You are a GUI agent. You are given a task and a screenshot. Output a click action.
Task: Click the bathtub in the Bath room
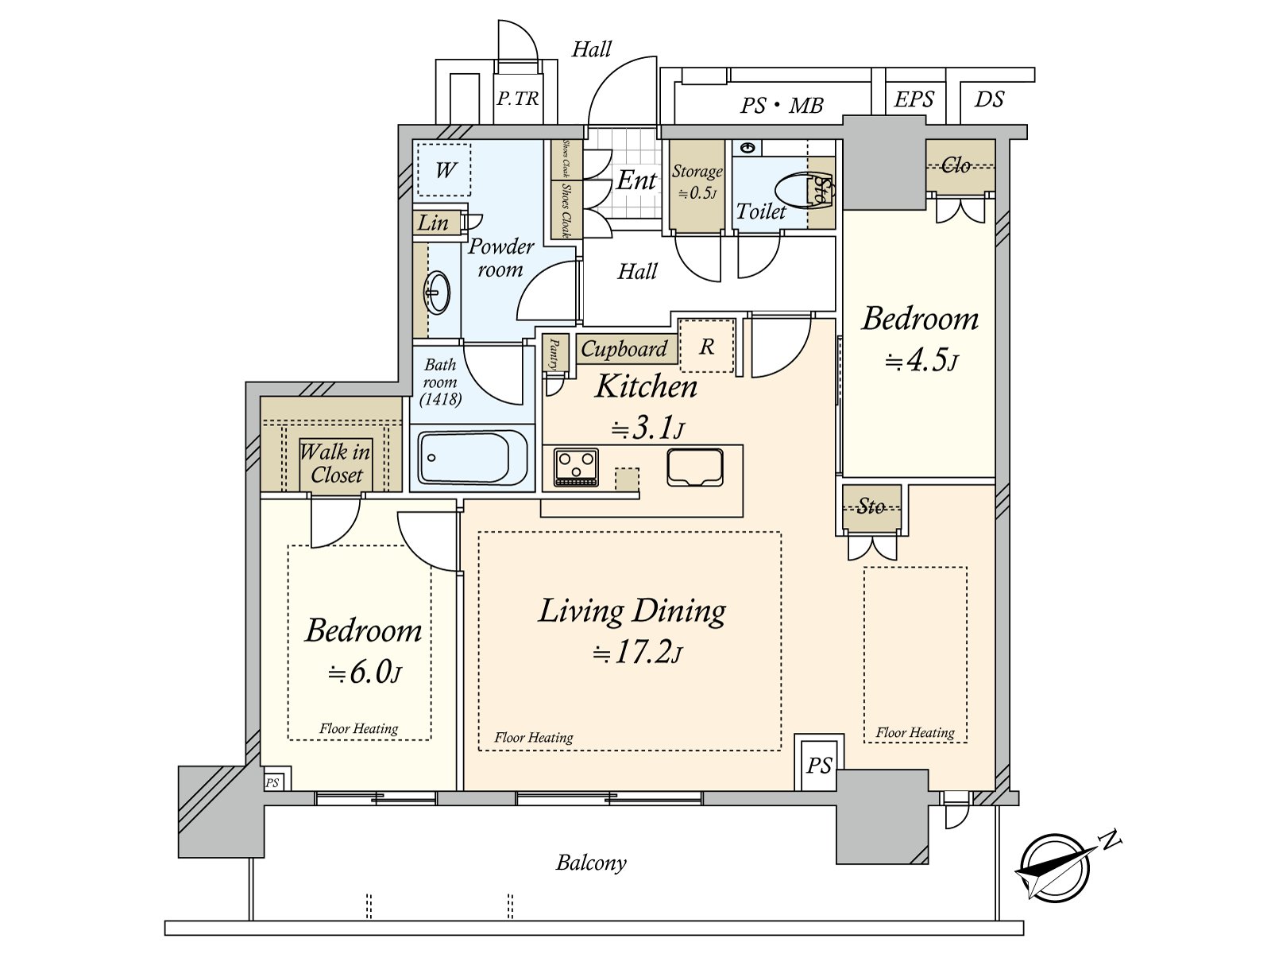(473, 458)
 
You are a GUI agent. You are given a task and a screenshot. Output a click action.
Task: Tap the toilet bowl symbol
(802, 190)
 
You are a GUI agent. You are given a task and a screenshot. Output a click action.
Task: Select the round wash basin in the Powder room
(437, 293)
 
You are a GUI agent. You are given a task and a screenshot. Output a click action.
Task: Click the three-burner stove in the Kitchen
(576, 467)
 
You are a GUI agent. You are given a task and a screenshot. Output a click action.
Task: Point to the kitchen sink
(695, 467)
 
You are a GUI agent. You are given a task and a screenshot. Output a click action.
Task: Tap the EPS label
(914, 99)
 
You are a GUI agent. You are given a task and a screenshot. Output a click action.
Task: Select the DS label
(989, 99)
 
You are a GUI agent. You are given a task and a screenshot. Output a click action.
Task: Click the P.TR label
(518, 99)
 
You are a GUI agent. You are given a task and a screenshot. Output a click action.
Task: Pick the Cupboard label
(624, 349)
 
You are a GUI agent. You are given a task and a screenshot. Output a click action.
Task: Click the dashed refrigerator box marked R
(706, 346)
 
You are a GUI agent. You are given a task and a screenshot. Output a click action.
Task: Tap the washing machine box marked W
(444, 170)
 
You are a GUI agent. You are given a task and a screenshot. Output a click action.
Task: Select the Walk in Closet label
(336, 463)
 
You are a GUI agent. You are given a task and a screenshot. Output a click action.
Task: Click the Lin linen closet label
(433, 223)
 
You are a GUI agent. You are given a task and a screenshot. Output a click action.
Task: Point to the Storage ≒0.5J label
(697, 182)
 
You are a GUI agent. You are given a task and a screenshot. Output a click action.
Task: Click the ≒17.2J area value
(638, 653)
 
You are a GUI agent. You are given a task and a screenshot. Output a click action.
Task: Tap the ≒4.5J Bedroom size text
(921, 361)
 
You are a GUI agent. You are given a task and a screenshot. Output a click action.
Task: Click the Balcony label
(591, 863)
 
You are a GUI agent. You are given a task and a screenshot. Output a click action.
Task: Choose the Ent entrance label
(636, 180)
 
